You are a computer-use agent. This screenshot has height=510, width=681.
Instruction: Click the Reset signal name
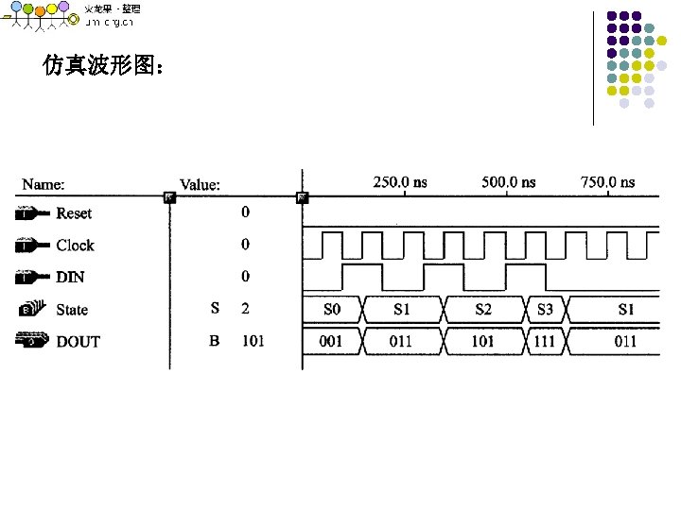tap(74, 213)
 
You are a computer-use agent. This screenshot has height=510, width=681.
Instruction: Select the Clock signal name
tap(75, 246)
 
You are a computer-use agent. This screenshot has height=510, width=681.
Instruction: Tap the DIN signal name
tap(70, 277)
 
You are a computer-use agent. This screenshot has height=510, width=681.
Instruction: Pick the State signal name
tap(72, 310)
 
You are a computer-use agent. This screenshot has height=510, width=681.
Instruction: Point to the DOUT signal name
tap(78, 342)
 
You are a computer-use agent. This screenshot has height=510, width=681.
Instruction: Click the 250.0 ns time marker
tap(400, 182)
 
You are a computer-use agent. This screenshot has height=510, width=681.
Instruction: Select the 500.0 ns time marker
tap(508, 182)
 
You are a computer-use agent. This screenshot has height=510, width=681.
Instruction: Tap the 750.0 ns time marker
tap(608, 182)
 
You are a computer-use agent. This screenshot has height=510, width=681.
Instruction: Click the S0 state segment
tap(331, 309)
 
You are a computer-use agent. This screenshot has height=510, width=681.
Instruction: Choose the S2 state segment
tap(482, 309)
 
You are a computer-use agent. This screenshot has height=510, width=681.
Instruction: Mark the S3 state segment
tap(545, 309)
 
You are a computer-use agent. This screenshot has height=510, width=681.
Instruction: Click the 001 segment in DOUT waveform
tap(330, 341)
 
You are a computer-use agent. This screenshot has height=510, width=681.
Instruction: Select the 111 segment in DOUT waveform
tap(545, 341)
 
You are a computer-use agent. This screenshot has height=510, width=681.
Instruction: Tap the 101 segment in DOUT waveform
tap(482, 341)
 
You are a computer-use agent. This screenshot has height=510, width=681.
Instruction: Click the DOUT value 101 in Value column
tap(253, 341)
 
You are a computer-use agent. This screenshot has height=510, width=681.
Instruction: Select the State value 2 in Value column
tap(245, 309)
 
